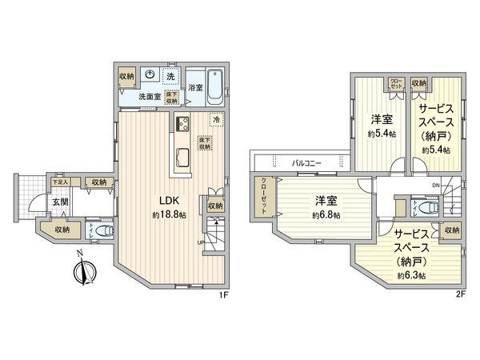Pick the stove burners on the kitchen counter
[x=180, y=124]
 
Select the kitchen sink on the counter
[x=180, y=154]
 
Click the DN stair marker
[x=435, y=186]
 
